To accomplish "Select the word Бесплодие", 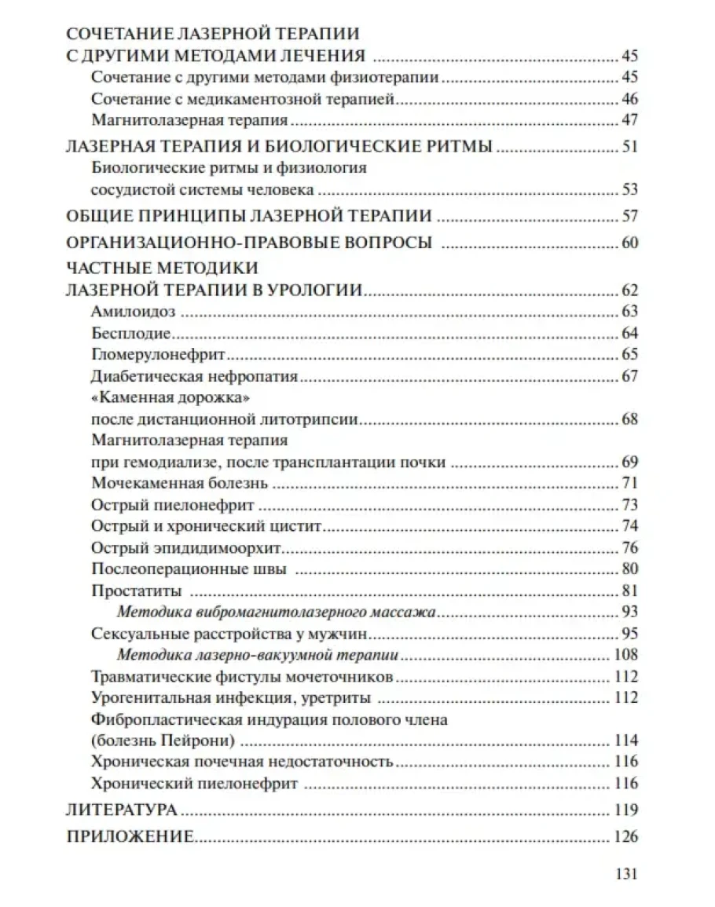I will (125, 332).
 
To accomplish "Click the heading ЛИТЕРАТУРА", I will (122, 809).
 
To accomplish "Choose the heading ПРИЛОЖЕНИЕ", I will (130, 836).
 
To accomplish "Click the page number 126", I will (625, 836).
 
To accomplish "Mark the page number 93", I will (629, 611).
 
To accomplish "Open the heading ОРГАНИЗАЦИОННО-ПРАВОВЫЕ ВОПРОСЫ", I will (248, 243).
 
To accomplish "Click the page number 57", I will (629, 216).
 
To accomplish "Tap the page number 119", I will (625, 809).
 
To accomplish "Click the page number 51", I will (629, 147).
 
